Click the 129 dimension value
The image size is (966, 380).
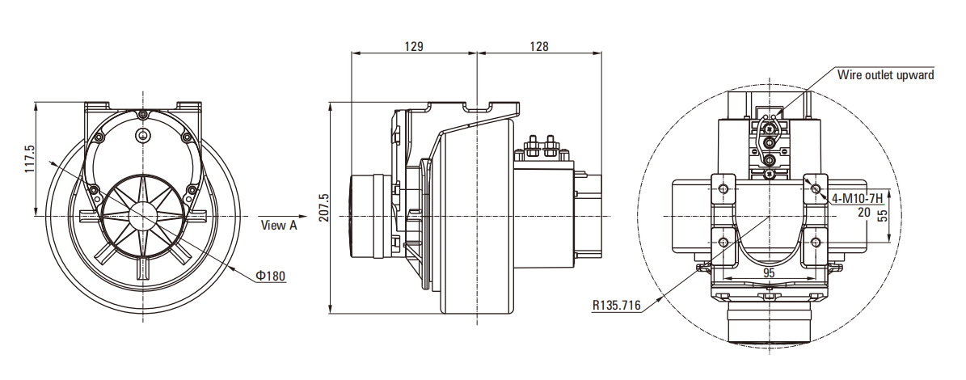click(x=413, y=46)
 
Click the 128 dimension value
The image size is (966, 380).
click(x=539, y=46)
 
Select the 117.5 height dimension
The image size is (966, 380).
click(x=30, y=159)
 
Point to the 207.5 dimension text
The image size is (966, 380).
click(x=324, y=208)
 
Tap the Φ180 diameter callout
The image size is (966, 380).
click(x=270, y=277)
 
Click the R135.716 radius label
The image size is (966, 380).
click(x=616, y=306)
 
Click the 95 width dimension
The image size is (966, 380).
click(x=769, y=273)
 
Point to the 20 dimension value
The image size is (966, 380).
click(x=865, y=212)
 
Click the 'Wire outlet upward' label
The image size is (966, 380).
click(x=885, y=75)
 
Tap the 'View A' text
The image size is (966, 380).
click(x=279, y=226)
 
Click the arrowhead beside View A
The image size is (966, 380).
click(x=248, y=217)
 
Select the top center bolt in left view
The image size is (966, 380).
click(x=143, y=113)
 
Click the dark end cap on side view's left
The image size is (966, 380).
click(x=354, y=216)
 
